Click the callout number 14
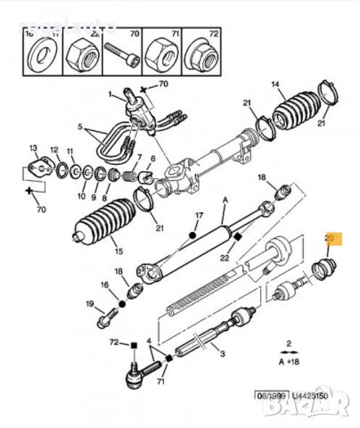click(x=275, y=86)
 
